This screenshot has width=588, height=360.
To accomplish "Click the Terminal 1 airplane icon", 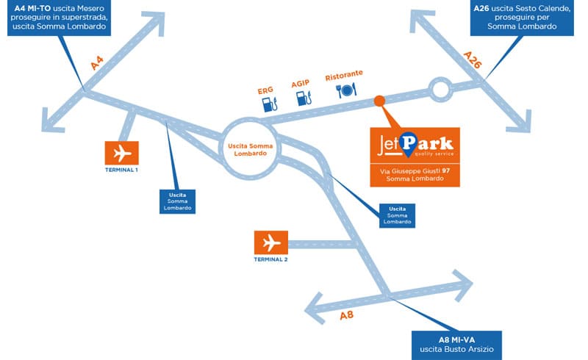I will (122, 153).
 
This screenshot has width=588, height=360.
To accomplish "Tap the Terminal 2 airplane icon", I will (271, 242).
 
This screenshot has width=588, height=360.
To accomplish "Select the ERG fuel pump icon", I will (269, 104).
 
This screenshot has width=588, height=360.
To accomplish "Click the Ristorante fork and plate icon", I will (345, 90).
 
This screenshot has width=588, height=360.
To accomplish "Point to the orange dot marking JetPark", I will (379, 101).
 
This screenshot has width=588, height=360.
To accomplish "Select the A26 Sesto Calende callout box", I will (526, 17).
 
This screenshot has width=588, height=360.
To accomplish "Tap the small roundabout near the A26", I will (440, 91).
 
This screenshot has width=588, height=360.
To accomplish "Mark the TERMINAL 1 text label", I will (122, 170).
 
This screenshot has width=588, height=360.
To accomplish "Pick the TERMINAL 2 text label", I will (271, 259).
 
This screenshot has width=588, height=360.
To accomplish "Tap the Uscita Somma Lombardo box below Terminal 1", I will (176, 201).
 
